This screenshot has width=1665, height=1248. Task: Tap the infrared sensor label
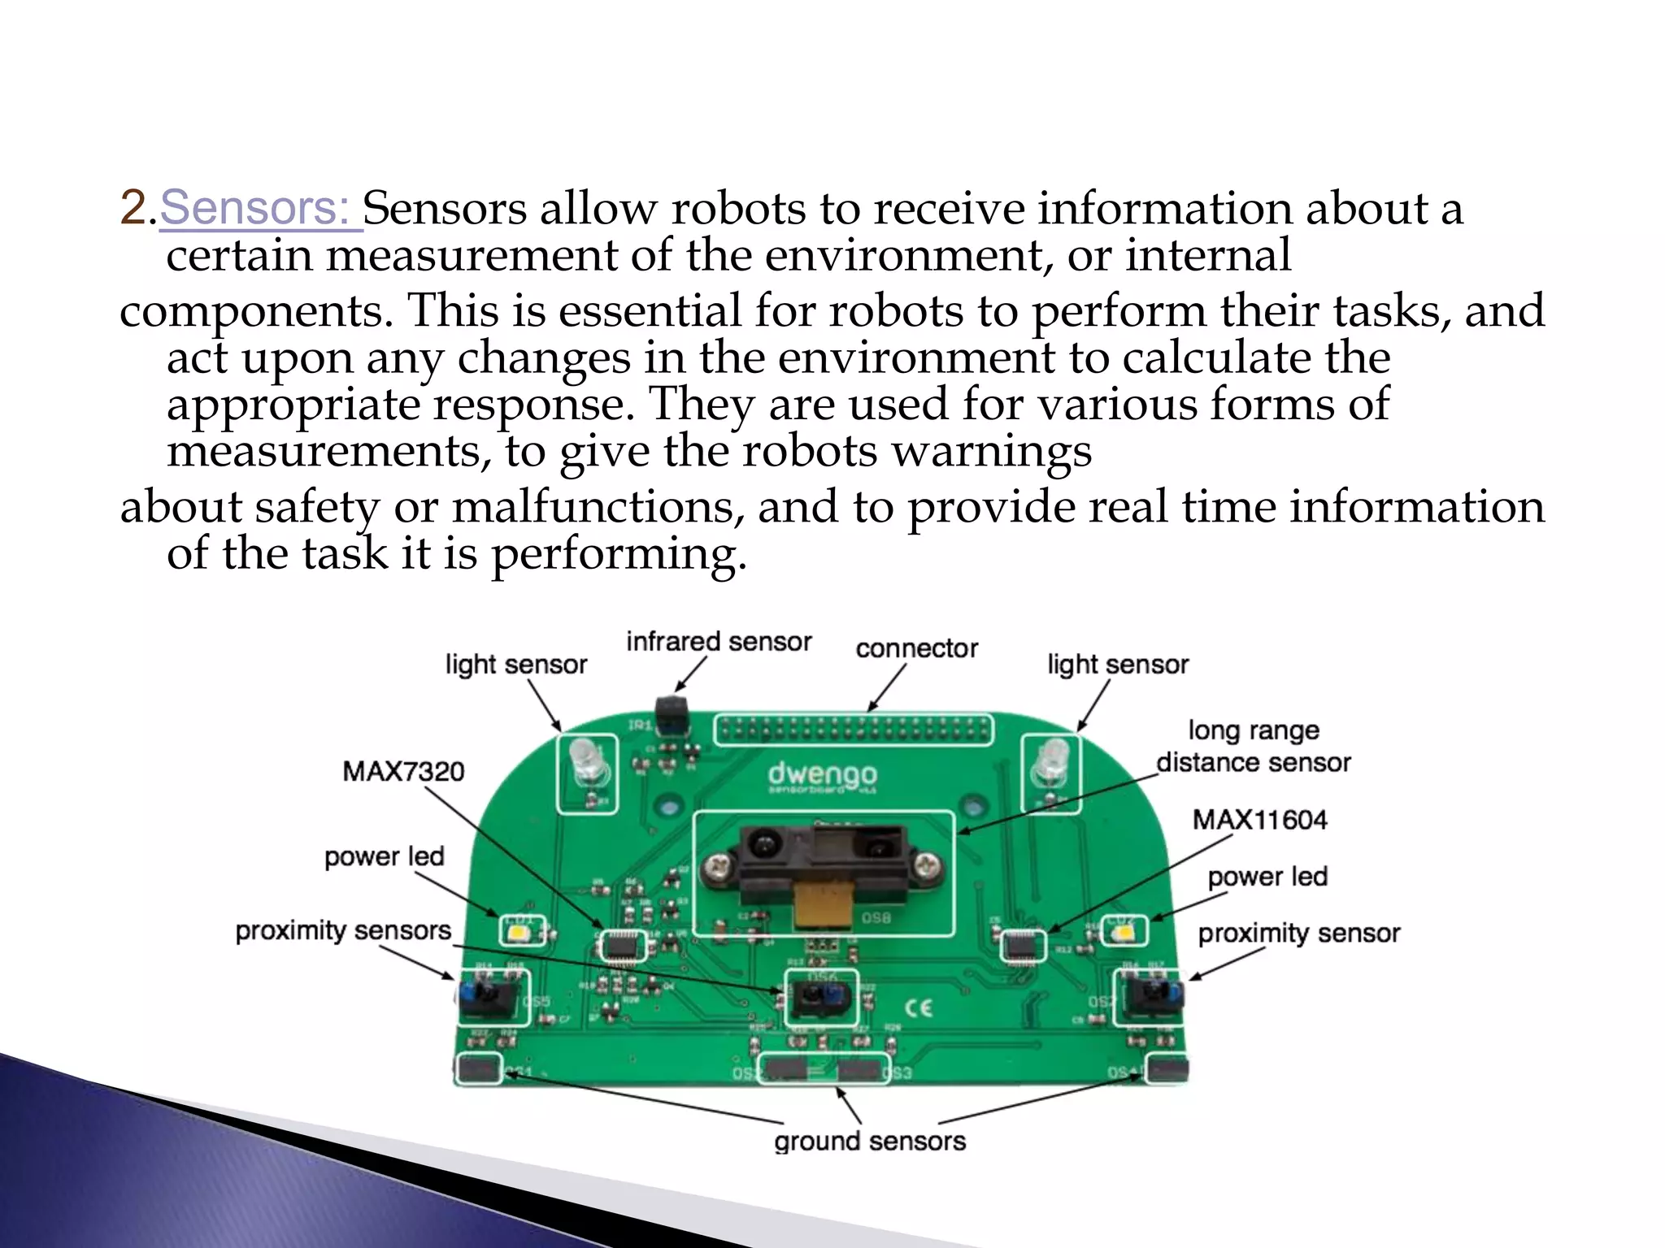(719, 642)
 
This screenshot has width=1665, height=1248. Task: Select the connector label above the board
(916, 648)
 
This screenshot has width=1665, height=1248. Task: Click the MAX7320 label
(403, 771)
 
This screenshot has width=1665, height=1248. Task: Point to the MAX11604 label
(1259, 820)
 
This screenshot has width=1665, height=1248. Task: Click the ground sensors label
(870, 1142)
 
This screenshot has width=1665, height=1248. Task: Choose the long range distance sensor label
(1254, 747)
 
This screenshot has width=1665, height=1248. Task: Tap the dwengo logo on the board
(822, 774)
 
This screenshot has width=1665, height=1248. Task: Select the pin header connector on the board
(854, 730)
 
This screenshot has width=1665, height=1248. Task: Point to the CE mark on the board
(919, 1008)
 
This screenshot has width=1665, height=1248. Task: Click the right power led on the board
(1124, 931)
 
